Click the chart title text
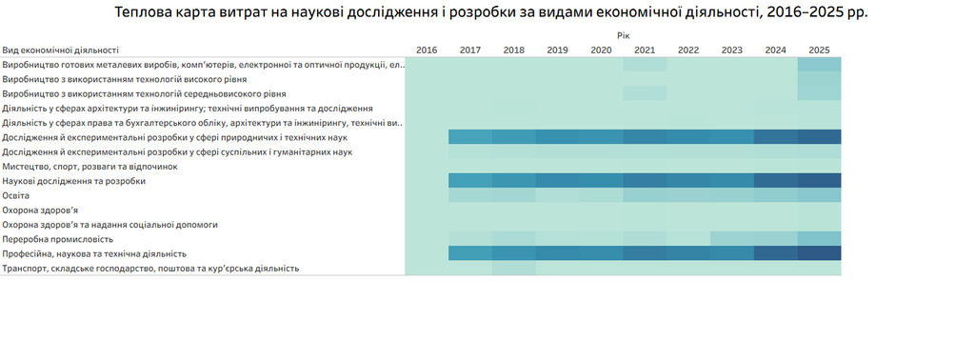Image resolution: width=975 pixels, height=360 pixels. click(x=491, y=13)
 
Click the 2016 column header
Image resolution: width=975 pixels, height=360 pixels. click(x=427, y=50)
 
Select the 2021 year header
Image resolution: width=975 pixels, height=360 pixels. click(x=645, y=50)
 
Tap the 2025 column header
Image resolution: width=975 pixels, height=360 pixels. click(x=819, y=50)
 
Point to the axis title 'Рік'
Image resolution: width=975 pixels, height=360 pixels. click(x=624, y=36)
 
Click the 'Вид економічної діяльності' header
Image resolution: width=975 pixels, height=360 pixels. click(x=60, y=50)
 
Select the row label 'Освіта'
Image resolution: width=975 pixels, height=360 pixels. click(x=16, y=196)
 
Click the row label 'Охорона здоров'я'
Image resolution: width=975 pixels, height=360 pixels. click(x=40, y=210)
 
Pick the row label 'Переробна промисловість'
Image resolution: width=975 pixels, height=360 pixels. click(x=53, y=239)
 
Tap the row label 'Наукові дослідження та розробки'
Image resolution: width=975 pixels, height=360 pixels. click(x=74, y=182)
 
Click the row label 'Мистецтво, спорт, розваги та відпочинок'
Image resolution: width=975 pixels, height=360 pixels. click(x=90, y=167)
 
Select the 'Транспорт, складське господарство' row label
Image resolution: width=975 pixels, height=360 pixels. click(x=150, y=269)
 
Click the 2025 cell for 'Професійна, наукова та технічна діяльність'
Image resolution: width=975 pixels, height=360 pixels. click(x=819, y=253)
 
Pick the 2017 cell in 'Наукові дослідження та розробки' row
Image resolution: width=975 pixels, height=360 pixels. click(x=470, y=181)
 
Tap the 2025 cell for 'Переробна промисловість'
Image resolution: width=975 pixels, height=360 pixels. click(x=819, y=239)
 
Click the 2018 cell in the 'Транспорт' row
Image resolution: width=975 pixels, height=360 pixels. click(x=514, y=269)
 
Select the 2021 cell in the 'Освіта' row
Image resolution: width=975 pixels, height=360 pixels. click(x=645, y=196)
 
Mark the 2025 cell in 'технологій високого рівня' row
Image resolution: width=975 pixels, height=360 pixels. click(x=819, y=79)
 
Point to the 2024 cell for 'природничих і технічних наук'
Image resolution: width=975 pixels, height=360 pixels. click(x=775, y=137)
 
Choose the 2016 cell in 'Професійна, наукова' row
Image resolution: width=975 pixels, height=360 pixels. click(x=427, y=253)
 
